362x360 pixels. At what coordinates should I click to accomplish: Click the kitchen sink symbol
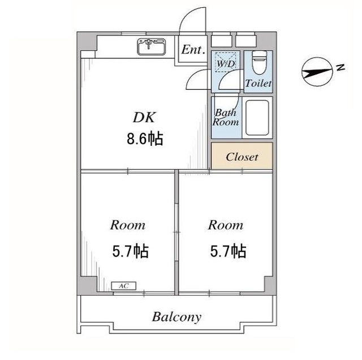point(152,47)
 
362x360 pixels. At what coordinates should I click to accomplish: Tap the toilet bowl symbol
point(259,62)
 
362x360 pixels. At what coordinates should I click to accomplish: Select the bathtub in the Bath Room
point(257,118)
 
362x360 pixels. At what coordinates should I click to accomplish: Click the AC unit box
point(123,286)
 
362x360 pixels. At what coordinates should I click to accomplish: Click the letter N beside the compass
point(341,67)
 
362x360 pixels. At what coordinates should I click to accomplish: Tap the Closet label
point(242,157)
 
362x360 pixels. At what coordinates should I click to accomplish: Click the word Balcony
point(176,318)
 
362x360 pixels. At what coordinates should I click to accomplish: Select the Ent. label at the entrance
point(193,49)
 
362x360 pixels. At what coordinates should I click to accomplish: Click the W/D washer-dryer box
point(226,62)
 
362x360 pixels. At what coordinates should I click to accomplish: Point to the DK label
point(144,117)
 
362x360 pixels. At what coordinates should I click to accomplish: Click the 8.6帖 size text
point(145,138)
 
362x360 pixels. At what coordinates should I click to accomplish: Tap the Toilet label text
point(258,83)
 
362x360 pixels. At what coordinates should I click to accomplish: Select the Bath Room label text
point(226,118)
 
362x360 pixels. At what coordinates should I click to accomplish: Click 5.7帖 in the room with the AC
point(130,251)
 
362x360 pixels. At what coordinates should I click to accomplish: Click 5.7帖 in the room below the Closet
point(228,251)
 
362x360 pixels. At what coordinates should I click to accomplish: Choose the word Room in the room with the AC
point(128,225)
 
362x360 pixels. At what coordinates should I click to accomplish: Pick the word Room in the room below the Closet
point(226,225)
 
